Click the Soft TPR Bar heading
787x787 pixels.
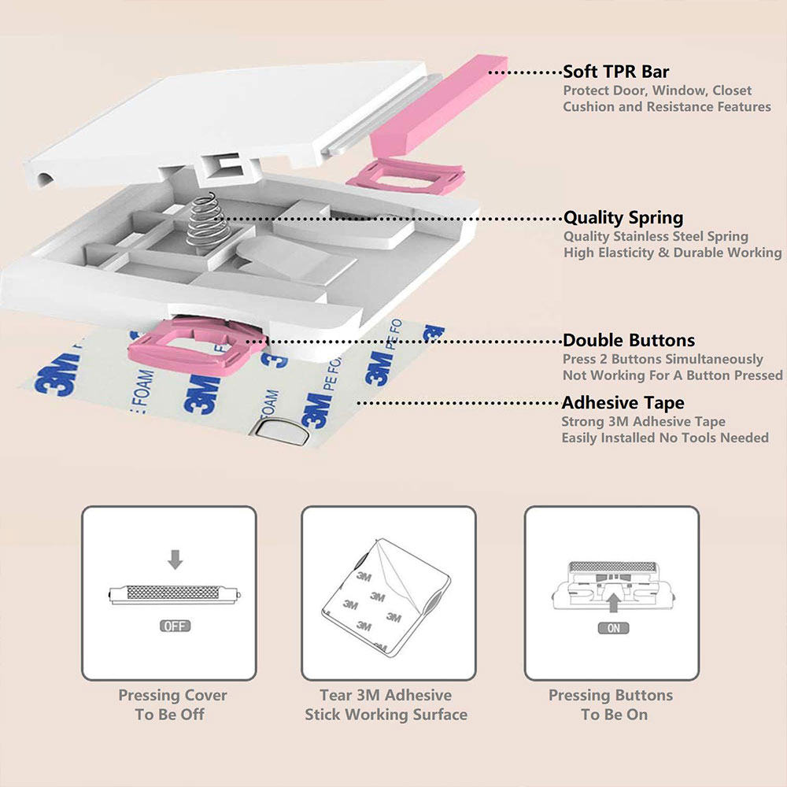click(x=615, y=72)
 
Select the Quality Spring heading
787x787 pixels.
click(x=623, y=218)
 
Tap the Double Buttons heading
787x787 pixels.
click(x=628, y=341)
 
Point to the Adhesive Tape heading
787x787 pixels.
click(x=623, y=403)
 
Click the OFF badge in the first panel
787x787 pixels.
click(x=175, y=627)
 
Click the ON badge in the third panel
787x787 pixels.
click(x=614, y=628)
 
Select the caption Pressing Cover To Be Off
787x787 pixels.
click(x=172, y=705)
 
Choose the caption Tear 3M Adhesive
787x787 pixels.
click(x=386, y=696)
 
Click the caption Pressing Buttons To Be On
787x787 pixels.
click(x=611, y=705)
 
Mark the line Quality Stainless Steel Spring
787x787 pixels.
click(x=656, y=236)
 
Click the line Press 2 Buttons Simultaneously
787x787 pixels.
click(x=663, y=359)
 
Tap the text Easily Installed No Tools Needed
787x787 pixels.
click(x=665, y=438)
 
